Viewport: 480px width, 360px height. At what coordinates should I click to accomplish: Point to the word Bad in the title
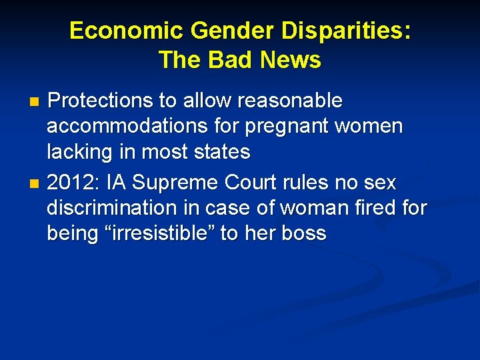coord(233,60)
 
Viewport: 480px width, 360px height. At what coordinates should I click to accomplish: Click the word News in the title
coord(291,60)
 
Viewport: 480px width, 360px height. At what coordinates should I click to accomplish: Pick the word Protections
coord(101,101)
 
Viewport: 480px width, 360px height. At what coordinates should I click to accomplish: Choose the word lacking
coord(76,153)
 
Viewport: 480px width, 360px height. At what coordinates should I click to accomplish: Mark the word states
coord(219,153)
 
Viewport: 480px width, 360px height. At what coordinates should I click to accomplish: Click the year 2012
coord(70,181)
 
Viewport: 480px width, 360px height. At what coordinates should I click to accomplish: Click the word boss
coord(304,233)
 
